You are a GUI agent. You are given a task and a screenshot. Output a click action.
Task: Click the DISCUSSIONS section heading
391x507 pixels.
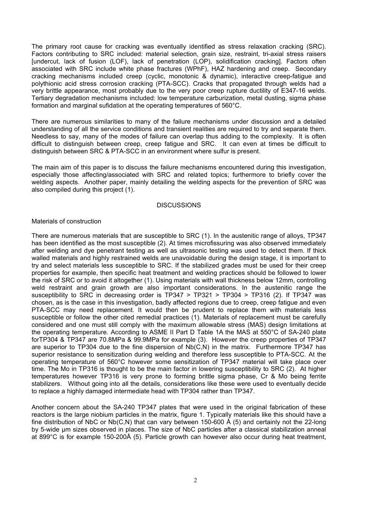[x=179, y=205]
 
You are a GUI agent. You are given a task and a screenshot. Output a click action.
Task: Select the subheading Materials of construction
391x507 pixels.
[x=66, y=221]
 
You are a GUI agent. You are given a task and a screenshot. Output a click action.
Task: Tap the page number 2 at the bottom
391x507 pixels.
[x=195, y=480]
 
